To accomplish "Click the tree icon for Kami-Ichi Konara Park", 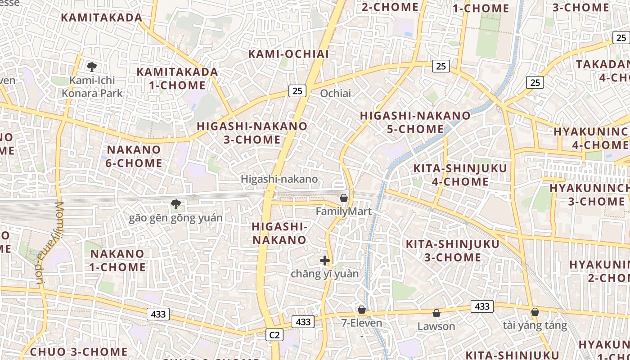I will pos(92,67).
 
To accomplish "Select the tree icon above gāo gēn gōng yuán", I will pos(176,204).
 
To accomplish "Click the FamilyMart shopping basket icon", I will pos(344,198).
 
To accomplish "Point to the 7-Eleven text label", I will pos(361,323).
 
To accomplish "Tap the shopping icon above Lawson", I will pos(436,313).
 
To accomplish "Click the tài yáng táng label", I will pos(535,325).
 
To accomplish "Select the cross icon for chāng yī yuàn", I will pos(324,261).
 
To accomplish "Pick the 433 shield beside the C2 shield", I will pos(303,322).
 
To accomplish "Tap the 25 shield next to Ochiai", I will pos(297,91).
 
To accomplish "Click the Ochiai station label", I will pos(335,94).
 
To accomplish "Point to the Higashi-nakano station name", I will pos(279,179).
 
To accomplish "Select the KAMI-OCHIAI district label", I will pos(288,54).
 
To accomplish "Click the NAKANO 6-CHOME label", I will pos(134,156).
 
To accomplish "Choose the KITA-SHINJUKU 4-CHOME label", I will pos(460,175).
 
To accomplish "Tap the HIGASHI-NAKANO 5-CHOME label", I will pos(415,122).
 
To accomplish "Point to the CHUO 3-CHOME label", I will pos(79,351).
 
